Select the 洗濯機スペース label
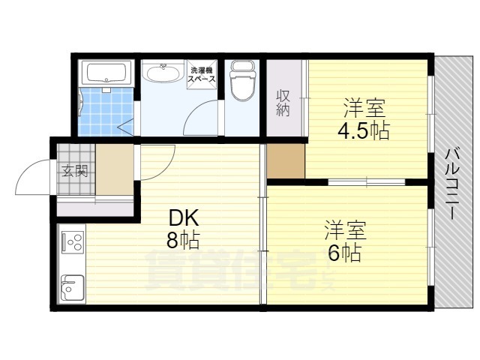[x=202, y=74]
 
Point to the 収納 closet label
[x=283, y=103]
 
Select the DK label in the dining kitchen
[x=183, y=217]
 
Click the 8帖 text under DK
[x=183, y=241]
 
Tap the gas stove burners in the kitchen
[x=73, y=242]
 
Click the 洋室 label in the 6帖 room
[x=344, y=227]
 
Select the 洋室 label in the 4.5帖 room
[x=363, y=107]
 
